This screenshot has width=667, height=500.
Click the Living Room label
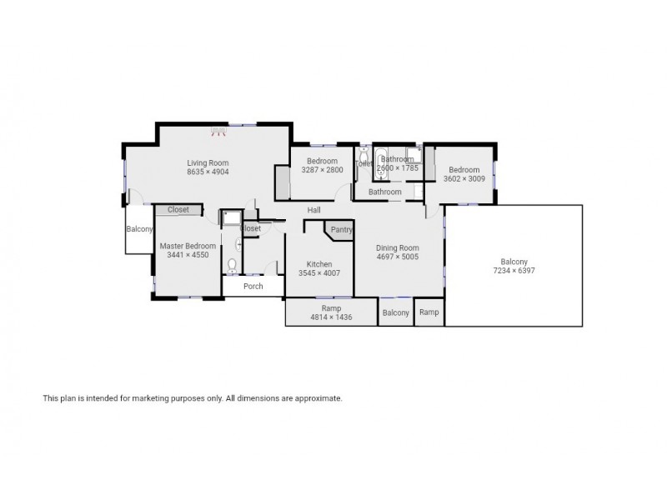click(x=208, y=162)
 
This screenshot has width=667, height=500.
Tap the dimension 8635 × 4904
click(x=208, y=172)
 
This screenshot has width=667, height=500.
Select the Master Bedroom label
click(x=188, y=246)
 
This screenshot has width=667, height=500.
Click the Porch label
click(x=253, y=286)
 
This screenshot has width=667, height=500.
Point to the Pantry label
click(x=341, y=230)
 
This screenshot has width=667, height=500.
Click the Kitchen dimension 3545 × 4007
click(x=319, y=273)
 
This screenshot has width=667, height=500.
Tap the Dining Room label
click(x=397, y=247)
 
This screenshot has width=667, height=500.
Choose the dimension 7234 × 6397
click(x=513, y=271)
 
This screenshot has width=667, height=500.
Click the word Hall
click(x=313, y=210)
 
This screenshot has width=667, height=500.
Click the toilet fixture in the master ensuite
click(x=233, y=266)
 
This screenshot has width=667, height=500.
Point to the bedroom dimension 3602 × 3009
click(x=464, y=178)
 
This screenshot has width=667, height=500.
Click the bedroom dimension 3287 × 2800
click(x=322, y=170)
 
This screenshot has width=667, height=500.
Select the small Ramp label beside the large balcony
click(x=429, y=312)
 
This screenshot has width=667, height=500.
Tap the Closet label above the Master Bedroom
click(x=178, y=210)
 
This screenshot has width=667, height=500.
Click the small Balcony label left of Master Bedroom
click(x=139, y=229)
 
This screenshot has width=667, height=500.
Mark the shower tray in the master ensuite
click(x=228, y=217)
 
